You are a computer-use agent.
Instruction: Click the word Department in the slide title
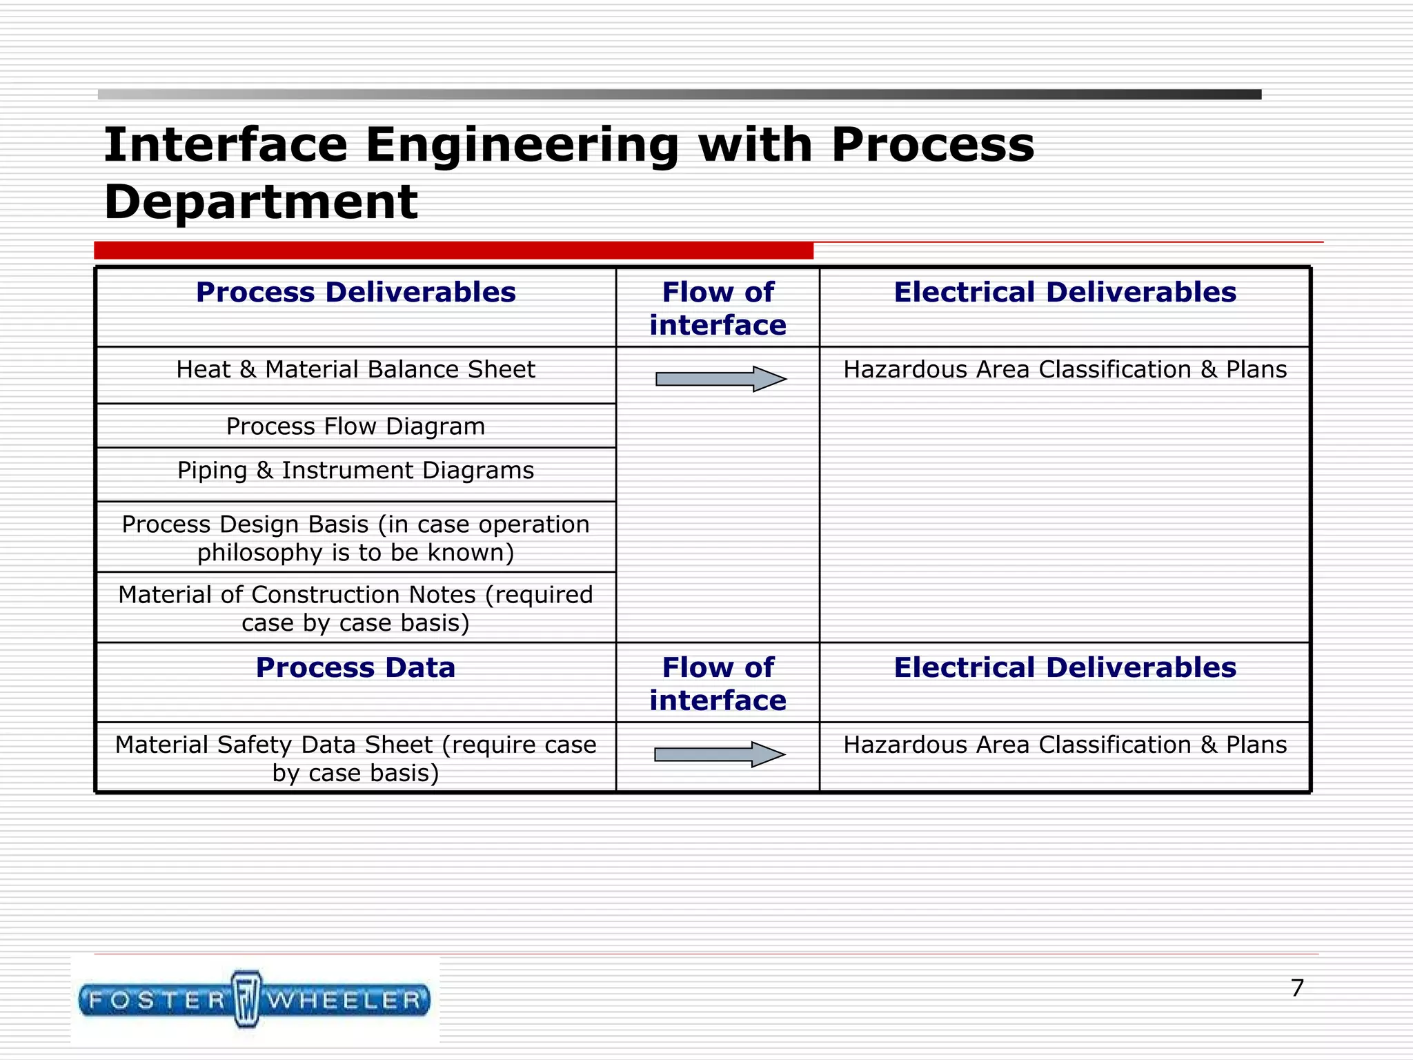coord(261,202)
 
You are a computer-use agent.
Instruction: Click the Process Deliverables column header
coord(355,293)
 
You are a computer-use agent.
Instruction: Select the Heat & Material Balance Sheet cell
coord(355,370)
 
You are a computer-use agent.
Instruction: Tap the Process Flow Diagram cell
coord(355,426)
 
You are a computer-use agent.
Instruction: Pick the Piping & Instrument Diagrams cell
coord(355,471)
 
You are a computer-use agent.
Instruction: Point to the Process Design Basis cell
coord(355,538)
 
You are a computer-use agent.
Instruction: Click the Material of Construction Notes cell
coord(355,609)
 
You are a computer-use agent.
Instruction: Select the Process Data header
coord(355,668)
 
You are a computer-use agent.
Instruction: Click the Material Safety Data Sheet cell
coord(355,758)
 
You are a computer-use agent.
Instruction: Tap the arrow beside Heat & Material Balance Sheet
coord(720,379)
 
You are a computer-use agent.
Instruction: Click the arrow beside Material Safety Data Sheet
coord(719,754)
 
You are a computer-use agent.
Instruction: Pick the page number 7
coord(1297,988)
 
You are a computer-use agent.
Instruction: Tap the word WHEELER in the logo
coord(345,1000)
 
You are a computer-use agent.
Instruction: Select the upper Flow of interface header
coord(718,308)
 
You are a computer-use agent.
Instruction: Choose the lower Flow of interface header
coord(718,684)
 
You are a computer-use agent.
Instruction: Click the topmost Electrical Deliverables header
coord(1065,293)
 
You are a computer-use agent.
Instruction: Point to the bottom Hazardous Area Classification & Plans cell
coord(1065,745)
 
